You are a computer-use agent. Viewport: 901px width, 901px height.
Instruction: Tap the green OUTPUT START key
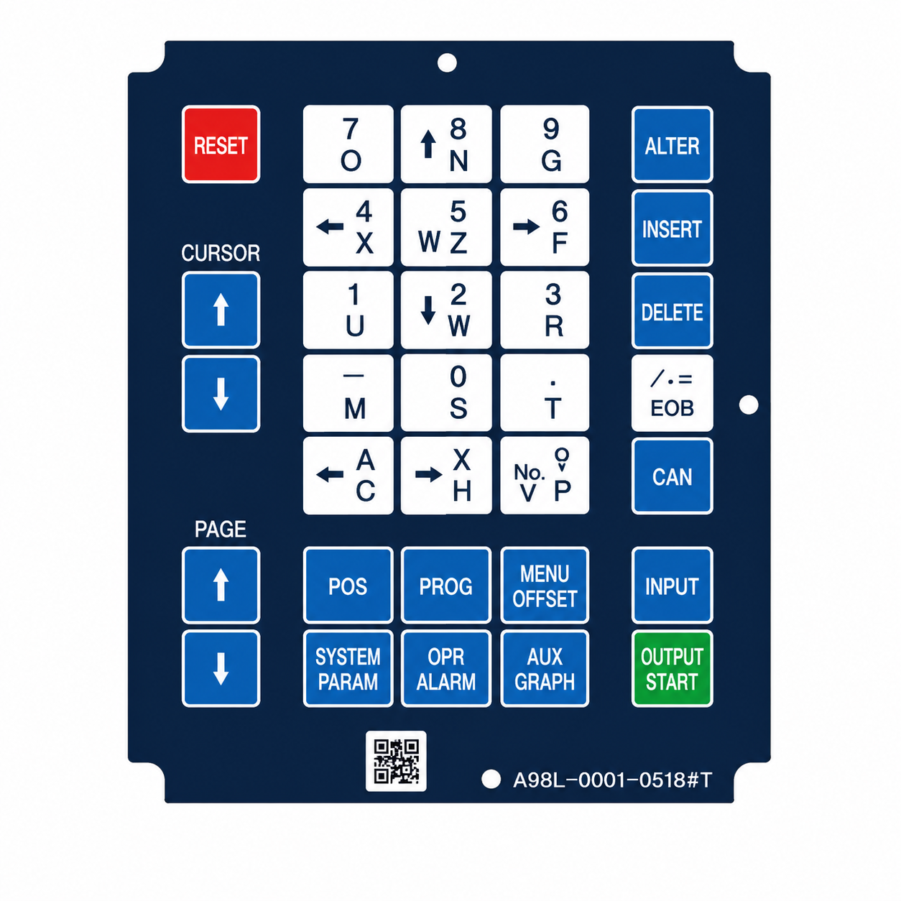672,668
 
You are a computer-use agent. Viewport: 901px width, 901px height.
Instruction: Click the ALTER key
672,144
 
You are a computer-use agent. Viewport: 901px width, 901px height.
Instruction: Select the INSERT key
672,228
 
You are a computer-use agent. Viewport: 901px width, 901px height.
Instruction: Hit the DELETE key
672,311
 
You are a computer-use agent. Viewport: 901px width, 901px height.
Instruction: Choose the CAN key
672,476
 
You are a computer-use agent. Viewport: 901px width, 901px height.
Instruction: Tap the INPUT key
672,585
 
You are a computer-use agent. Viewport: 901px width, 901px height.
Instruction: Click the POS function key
348,585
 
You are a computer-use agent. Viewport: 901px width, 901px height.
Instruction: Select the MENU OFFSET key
544,585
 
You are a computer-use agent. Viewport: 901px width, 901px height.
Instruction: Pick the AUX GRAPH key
544,668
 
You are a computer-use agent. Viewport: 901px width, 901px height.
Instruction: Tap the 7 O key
348,144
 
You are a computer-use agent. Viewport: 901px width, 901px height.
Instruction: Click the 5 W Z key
446,227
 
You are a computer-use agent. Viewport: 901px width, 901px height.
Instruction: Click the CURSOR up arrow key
221,310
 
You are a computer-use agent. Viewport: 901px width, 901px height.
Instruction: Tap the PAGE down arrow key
221,668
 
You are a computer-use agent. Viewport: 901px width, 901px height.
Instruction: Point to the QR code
396,761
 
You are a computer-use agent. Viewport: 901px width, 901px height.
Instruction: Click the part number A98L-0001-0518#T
612,780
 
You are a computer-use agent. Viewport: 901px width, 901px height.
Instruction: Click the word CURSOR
221,253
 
